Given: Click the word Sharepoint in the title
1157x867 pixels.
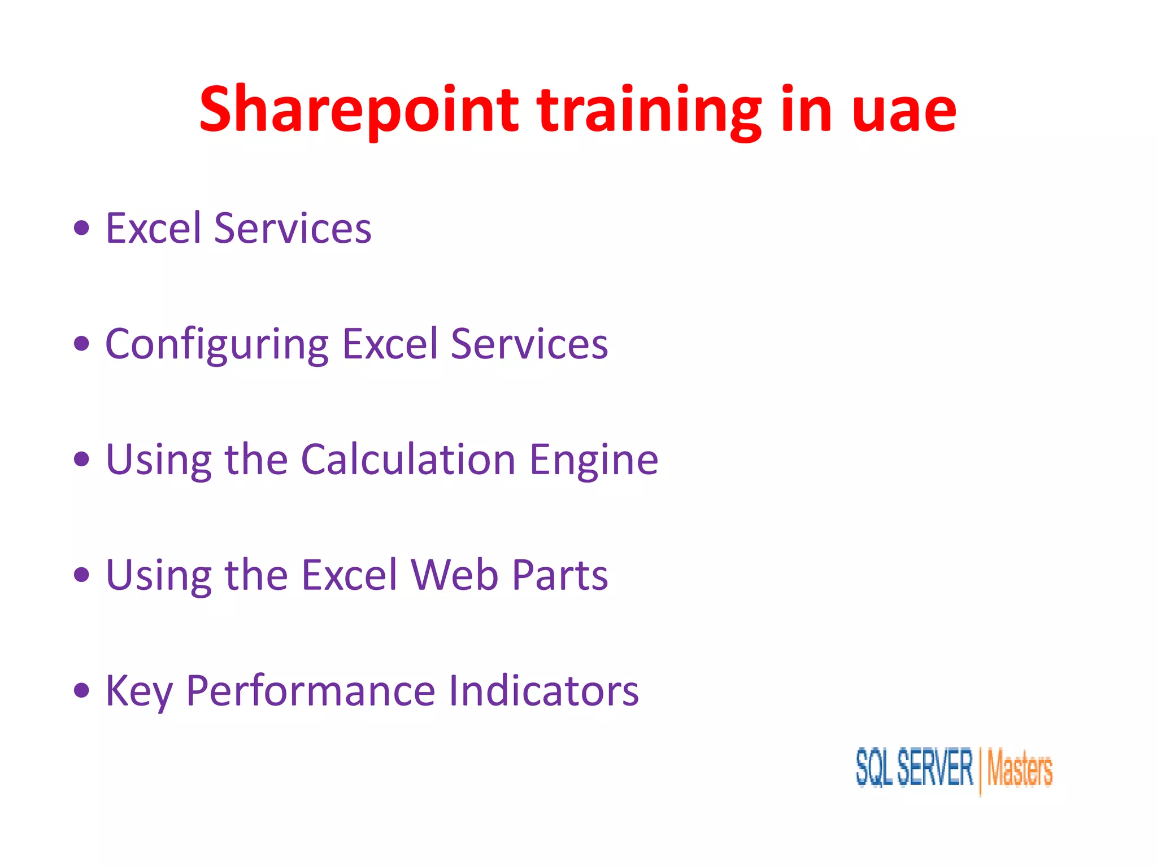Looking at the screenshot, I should (x=358, y=110).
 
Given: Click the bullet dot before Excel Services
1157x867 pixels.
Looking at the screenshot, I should (x=82, y=228).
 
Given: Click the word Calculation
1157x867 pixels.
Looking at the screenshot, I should (x=408, y=459).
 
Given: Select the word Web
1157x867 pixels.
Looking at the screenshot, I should (x=455, y=575).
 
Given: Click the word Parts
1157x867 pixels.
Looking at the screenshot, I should (x=560, y=575).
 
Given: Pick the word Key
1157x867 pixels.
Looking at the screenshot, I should (x=139, y=691).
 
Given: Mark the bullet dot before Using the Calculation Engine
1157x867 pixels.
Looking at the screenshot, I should (x=82, y=459).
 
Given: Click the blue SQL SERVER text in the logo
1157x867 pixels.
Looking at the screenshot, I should (x=914, y=768).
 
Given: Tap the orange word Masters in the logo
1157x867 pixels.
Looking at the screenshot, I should (x=1020, y=769).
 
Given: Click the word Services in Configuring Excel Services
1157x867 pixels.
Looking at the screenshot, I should (x=529, y=344).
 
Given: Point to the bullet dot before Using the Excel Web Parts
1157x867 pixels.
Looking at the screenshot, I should (x=82, y=575).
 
